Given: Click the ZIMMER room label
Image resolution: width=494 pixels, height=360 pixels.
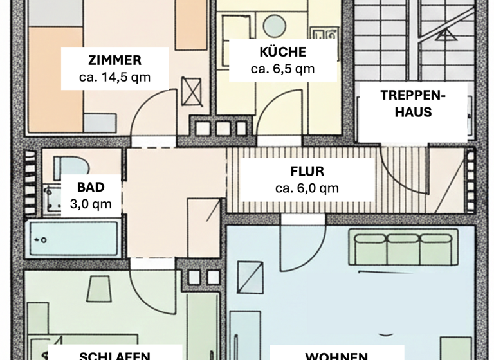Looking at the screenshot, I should pos(114,61).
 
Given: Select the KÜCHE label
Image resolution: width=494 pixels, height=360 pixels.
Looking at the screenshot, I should pos(283,53).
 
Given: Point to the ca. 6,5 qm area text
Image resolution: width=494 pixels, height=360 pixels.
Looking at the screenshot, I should pos(283,69).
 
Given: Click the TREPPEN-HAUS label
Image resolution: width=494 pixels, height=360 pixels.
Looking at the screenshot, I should pos(413,103).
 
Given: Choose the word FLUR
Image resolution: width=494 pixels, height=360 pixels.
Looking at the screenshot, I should pos(307,172).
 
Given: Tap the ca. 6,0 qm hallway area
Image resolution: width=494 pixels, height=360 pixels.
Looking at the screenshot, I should pos(307,188).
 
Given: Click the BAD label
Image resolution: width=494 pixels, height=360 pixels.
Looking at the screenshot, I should pos(90,188).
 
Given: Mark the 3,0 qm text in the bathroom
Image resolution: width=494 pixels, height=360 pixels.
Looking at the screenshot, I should pos(90,204).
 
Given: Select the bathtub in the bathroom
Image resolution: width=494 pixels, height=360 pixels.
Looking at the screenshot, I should pos(71,239).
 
